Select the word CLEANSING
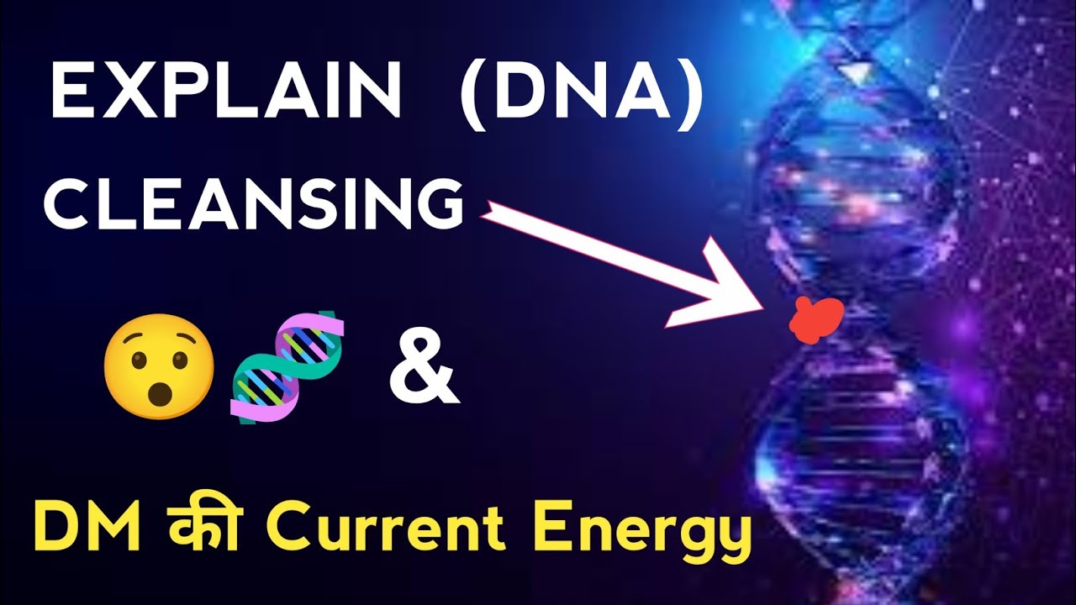254,204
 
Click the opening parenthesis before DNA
473,95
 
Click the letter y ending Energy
734,538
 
